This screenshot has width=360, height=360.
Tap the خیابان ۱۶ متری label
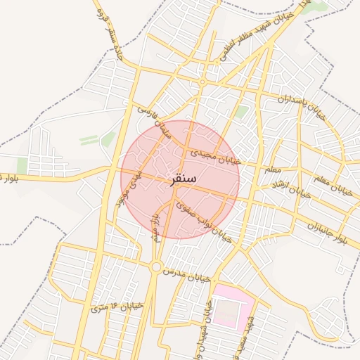click(117, 307)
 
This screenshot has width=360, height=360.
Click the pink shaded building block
click(233, 307)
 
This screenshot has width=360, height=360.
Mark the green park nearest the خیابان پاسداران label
click(241, 111)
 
